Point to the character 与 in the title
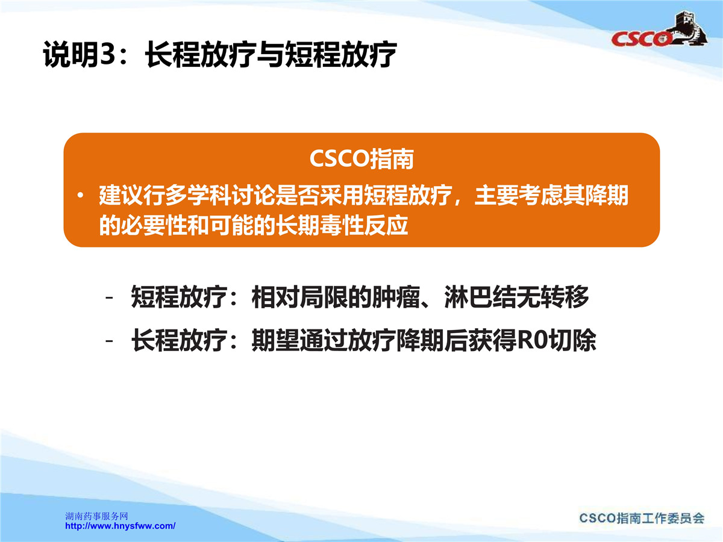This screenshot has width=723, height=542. (269, 55)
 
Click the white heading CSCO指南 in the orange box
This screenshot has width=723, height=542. (361, 159)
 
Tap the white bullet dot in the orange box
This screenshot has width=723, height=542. (80, 196)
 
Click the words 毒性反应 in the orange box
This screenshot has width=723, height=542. (364, 226)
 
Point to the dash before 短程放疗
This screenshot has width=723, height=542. (110, 298)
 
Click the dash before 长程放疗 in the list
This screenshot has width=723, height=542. (110, 341)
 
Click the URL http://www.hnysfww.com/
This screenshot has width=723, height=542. (120, 526)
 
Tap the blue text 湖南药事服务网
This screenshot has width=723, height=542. (96, 516)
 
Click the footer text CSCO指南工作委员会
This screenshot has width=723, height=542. (642, 519)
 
